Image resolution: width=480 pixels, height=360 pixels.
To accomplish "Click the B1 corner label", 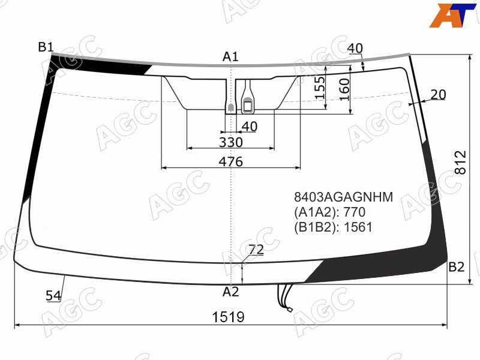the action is [x=46, y=47].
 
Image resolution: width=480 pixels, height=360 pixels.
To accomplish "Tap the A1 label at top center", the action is [x=230, y=56].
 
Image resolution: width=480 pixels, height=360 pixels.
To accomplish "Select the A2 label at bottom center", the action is [x=230, y=292].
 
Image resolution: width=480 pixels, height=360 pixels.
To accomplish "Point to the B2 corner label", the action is [x=457, y=267].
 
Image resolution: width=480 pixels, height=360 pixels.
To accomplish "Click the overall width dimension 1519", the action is [x=229, y=317].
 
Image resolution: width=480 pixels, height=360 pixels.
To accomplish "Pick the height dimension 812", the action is [x=460, y=162].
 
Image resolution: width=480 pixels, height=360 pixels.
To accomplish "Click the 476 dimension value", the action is [x=230, y=161].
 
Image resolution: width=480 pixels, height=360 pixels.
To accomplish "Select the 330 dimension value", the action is [x=231, y=142].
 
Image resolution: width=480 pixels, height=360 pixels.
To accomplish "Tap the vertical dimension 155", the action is [x=320, y=88].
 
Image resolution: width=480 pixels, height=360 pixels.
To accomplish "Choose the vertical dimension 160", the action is [x=344, y=89].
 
